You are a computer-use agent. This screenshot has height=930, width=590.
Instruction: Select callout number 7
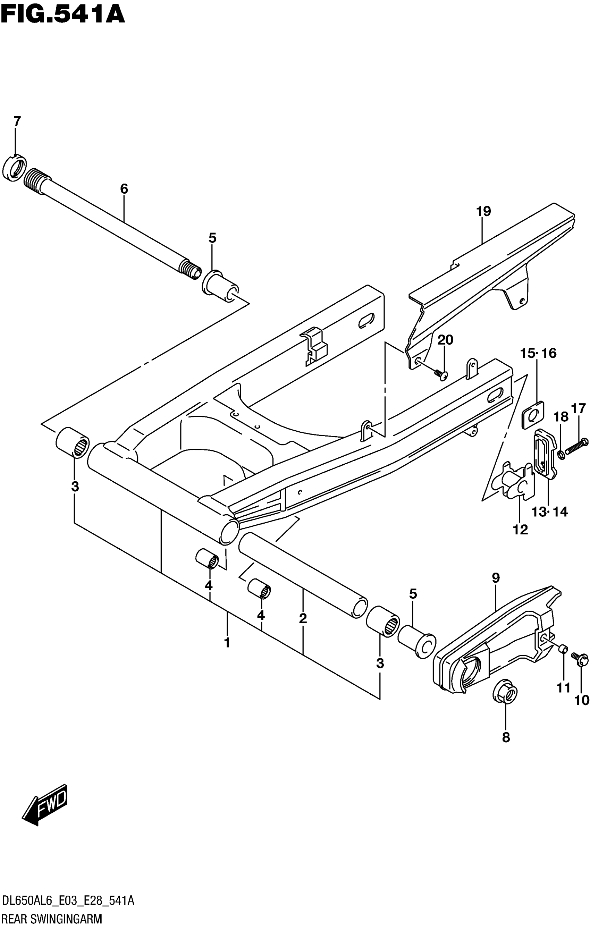pos(17,122)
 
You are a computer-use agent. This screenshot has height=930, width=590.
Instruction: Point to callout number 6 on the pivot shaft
pos(124,189)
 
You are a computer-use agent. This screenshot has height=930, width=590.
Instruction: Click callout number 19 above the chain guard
pos(483,211)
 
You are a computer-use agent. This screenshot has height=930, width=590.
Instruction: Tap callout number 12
pos(520,530)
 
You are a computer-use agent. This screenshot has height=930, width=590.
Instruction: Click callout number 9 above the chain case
pos(496,588)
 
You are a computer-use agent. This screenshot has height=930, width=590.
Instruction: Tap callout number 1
pos(227,643)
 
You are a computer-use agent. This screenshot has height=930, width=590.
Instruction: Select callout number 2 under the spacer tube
pos(303,618)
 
